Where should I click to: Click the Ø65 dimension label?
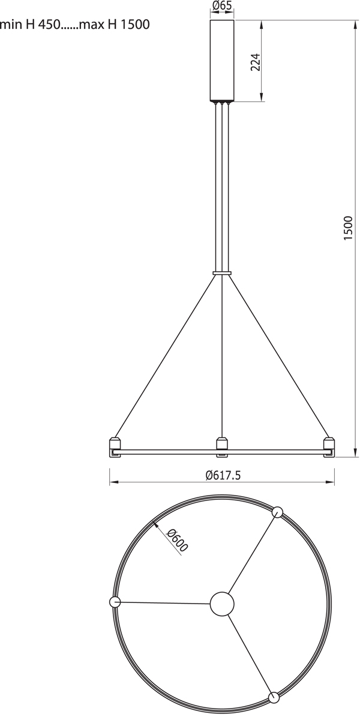222,5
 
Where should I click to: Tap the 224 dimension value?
256,62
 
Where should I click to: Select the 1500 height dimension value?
348,227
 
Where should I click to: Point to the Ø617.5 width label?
223,475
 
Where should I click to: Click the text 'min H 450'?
29,25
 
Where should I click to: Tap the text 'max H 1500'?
115,25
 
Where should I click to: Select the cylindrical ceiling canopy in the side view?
222,61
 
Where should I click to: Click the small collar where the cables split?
222,273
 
